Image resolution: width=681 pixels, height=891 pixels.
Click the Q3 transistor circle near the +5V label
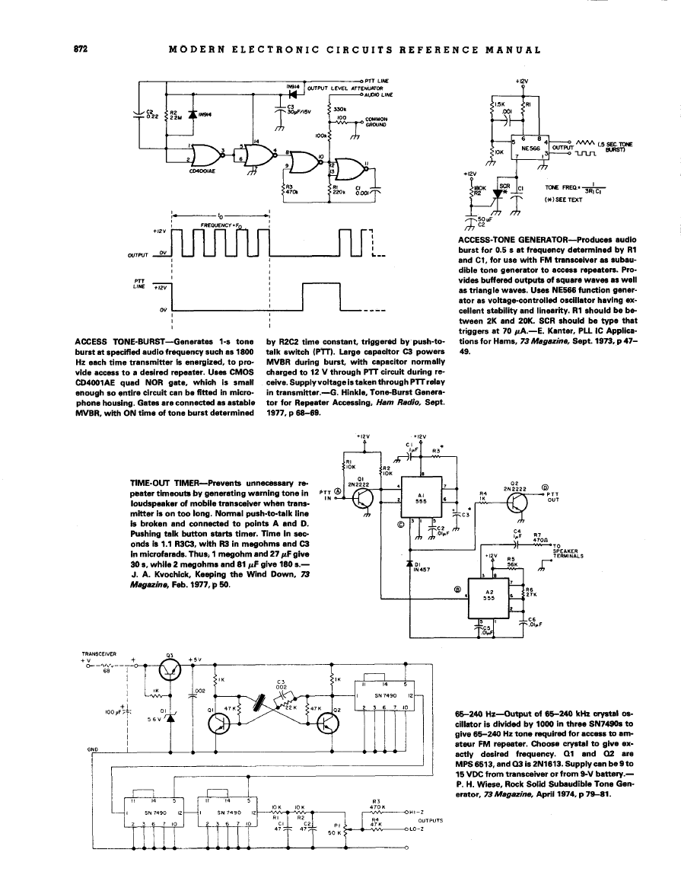point(171,670)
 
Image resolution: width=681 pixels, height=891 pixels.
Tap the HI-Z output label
point(414,812)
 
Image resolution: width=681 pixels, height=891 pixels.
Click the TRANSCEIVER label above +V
point(98,653)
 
